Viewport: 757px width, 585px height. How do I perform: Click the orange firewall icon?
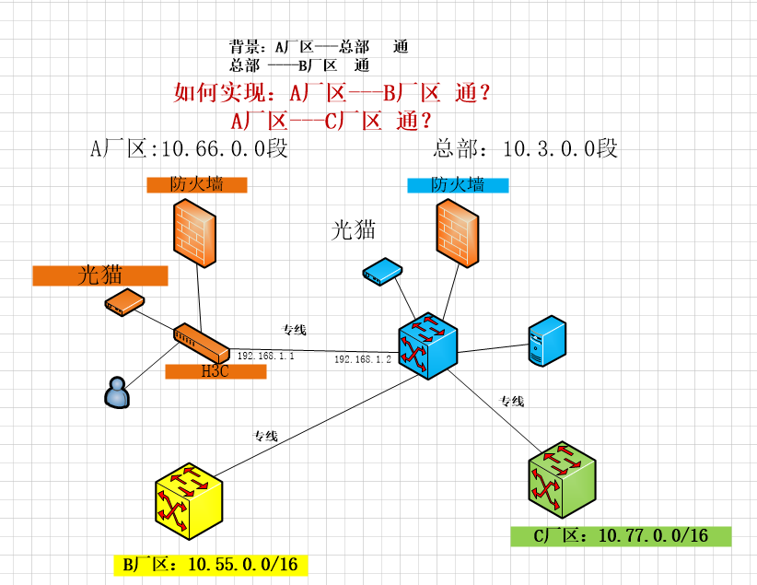click(193, 231)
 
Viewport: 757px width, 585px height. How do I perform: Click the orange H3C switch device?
click(201, 343)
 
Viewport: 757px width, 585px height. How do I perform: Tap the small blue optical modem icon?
click(381, 271)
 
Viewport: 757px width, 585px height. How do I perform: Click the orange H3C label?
click(215, 371)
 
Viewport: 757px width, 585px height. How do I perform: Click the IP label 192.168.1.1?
click(265, 356)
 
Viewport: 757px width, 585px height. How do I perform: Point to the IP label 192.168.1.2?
click(362, 359)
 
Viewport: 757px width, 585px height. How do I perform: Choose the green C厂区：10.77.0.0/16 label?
click(620, 535)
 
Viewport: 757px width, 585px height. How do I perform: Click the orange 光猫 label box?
click(100, 275)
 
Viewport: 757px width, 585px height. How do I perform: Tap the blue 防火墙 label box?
click(458, 185)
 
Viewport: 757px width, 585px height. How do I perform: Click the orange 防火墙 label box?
click(197, 184)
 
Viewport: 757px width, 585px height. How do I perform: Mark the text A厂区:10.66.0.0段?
click(189, 148)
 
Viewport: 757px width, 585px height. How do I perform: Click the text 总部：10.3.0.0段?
click(525, 148)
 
